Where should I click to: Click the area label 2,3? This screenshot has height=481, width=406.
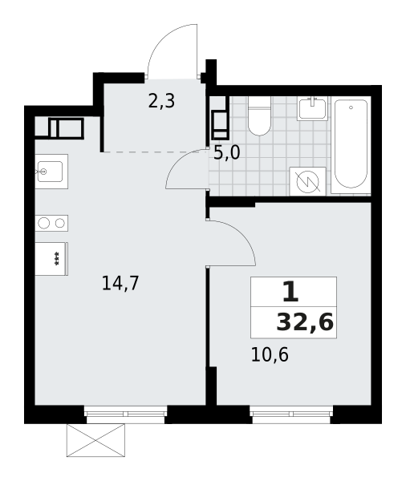tap(161, 101)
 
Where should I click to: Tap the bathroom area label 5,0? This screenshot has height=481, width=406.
tap(226, 152)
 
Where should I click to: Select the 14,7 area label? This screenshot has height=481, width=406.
tap(120, 283)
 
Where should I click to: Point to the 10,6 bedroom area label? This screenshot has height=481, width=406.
tap(270, 354)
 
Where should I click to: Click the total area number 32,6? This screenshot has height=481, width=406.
tap(305, 322)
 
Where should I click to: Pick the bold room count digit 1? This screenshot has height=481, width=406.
tap(290, 291)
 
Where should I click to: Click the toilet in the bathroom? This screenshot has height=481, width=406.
tap(259, 117)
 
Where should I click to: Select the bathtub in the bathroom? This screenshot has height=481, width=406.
tap(351, 144)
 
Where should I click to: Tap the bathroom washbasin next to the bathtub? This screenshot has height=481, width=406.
tap(311, 108)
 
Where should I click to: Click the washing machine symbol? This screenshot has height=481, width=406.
tap(307, 181)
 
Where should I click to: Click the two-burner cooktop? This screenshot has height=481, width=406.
tap(51, 223)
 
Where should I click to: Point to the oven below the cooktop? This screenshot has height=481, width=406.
tap(51, 258)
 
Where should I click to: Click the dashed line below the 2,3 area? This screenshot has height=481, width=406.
tap(152, 152)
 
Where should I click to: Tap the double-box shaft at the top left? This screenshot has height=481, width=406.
tap(66, 127)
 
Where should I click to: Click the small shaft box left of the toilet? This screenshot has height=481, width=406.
tap(219, 126)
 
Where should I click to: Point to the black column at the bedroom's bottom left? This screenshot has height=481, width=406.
tap(212, 386)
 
